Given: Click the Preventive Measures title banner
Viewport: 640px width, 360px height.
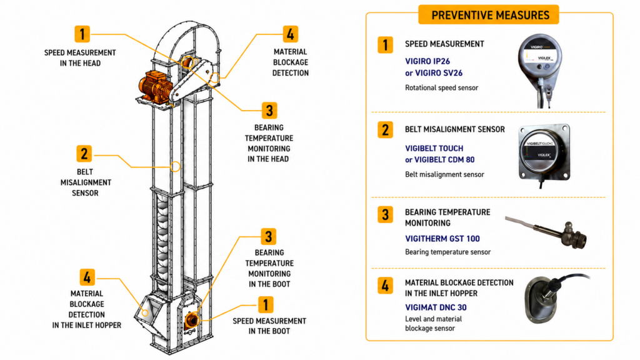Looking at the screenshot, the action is [489, 15].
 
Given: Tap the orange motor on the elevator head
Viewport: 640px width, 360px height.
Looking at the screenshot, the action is [155, 86].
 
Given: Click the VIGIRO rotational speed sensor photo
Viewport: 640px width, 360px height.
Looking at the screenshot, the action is [541, 70].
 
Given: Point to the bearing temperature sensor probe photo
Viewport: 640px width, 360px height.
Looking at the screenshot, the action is [547, 231].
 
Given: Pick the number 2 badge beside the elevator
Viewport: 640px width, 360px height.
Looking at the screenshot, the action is [84, 154].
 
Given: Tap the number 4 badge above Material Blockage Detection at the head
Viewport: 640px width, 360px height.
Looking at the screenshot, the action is [290, 34].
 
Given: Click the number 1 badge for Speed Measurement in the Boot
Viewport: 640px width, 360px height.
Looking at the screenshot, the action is [266, 305].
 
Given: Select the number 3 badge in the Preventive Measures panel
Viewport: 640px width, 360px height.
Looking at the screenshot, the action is [385, 215].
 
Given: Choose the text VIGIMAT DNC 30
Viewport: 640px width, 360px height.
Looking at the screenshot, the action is [436, 307].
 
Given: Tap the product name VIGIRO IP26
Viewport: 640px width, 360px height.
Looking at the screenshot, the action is [427, 61].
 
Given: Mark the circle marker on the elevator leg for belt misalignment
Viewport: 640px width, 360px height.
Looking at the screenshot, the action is [175, 166].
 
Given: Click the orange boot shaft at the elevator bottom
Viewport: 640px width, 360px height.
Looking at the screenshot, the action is [191, 319].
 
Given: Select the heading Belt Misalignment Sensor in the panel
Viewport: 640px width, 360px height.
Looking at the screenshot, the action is [455, 129].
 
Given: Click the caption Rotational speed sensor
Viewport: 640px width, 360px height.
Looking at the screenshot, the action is [441, 87].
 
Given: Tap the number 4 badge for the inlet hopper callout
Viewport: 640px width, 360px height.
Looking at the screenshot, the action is [87, 277].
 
